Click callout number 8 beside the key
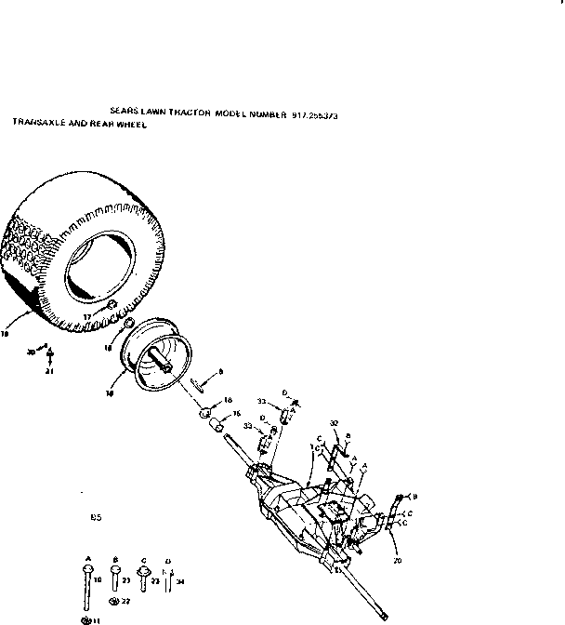tap(220, 372)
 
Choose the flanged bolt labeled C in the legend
tap(142, 578)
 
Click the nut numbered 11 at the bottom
tap(86, 618)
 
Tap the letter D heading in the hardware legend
tap(167, 560)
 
